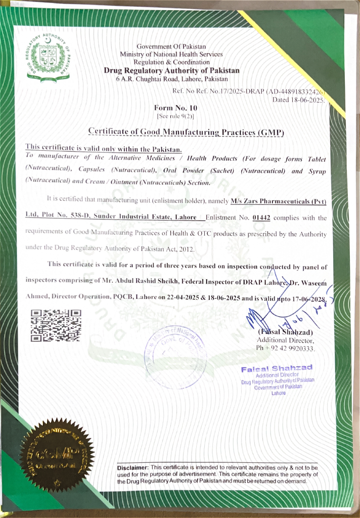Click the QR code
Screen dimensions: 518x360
click(x=56, y=326)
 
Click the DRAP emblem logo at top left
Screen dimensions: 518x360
click(x=49, y=59)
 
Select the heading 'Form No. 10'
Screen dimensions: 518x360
click(x=175, y=108)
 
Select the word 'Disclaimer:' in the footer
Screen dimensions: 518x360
click(x=132, y=467)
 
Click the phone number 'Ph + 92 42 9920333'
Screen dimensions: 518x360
click(x=286, y=349)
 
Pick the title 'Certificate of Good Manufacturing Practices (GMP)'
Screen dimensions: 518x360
click(x=186, y=132)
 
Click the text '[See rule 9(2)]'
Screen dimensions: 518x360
click(x=175, y=116)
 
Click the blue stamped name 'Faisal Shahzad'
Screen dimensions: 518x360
click(x=277, y=368)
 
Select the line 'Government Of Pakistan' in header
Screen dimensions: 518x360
click(x=171, y=47)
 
